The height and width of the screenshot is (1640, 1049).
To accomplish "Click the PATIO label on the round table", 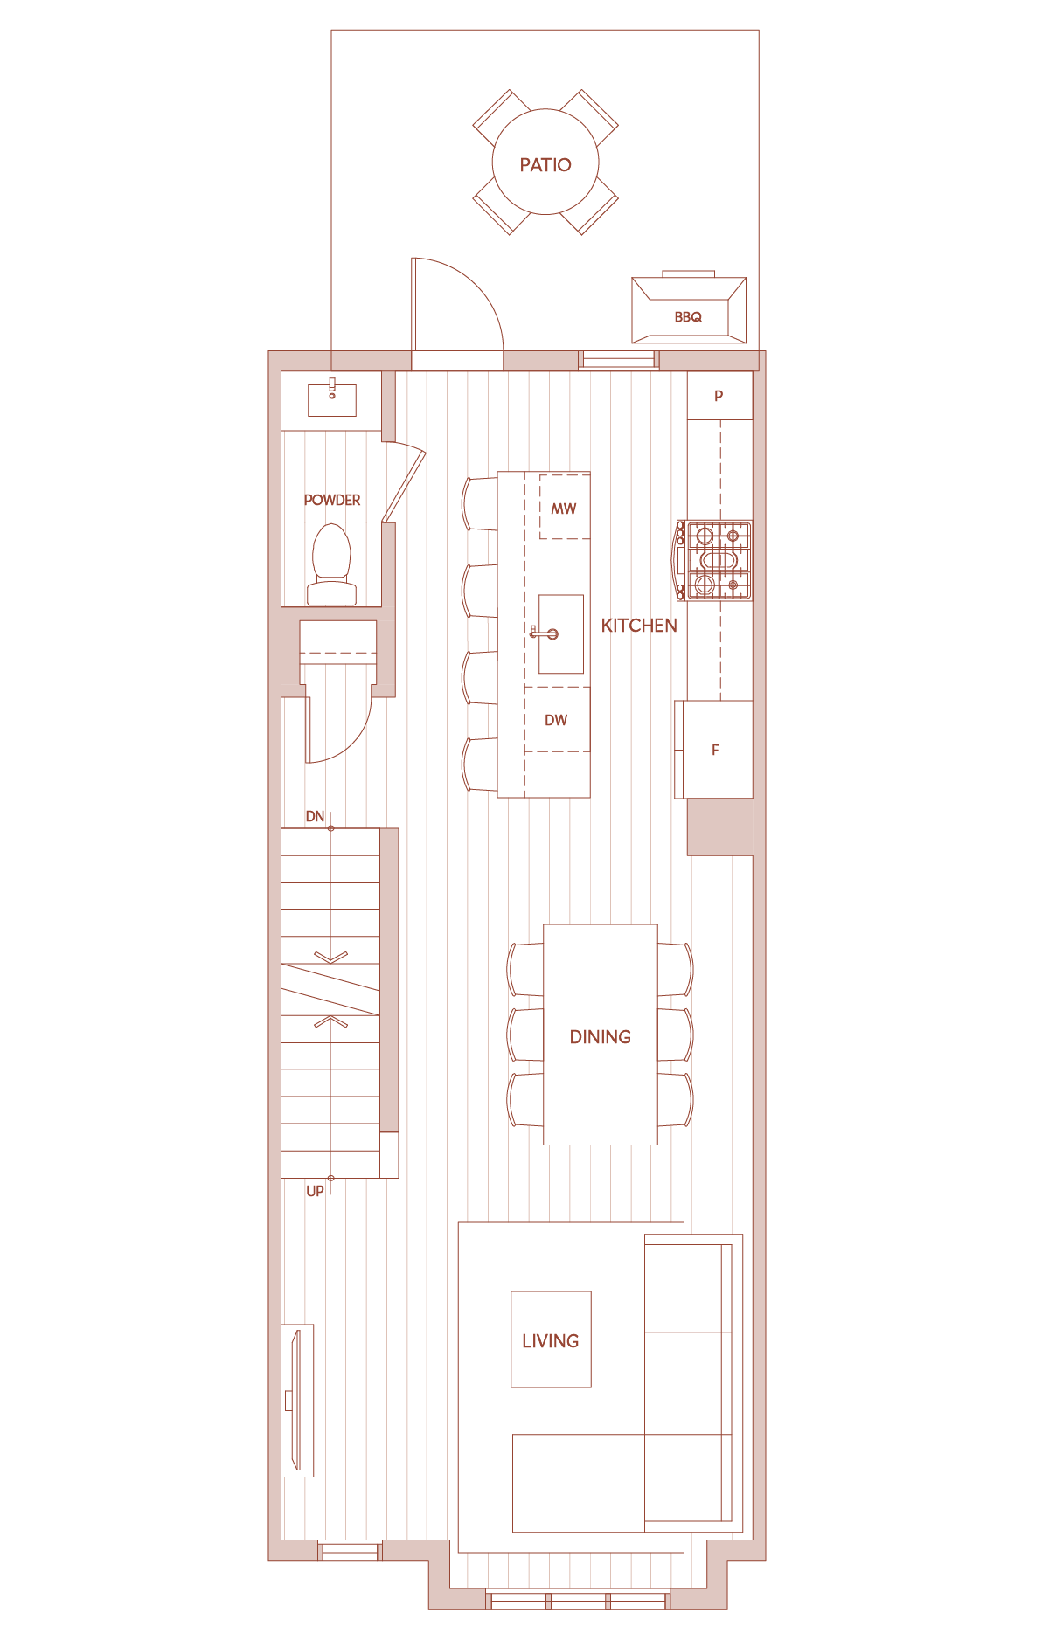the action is pos(545,165).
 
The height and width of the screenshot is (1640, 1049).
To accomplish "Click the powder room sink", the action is pos(332,400).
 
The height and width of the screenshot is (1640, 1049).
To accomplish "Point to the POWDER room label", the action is pos(332,500).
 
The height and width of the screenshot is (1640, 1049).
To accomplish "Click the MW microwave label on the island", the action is pos(564,509).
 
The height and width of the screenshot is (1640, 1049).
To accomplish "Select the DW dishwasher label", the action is pos(556,720).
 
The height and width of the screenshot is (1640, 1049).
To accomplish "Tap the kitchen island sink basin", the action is pos(561,634).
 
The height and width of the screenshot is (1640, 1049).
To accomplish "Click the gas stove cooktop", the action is pos(714,561).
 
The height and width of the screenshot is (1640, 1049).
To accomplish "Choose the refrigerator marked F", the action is pos(714,750).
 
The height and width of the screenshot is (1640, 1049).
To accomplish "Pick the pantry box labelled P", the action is pos(719,396).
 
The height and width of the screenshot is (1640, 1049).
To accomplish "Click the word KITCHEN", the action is pos(639,626).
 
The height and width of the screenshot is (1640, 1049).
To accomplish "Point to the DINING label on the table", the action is pos(601,1037).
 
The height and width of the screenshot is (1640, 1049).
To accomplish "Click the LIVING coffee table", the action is pos(551,1339).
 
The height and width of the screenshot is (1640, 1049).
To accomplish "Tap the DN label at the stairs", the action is pos(315,817).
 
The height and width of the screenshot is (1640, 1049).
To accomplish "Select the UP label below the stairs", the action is pos(315,1191).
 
